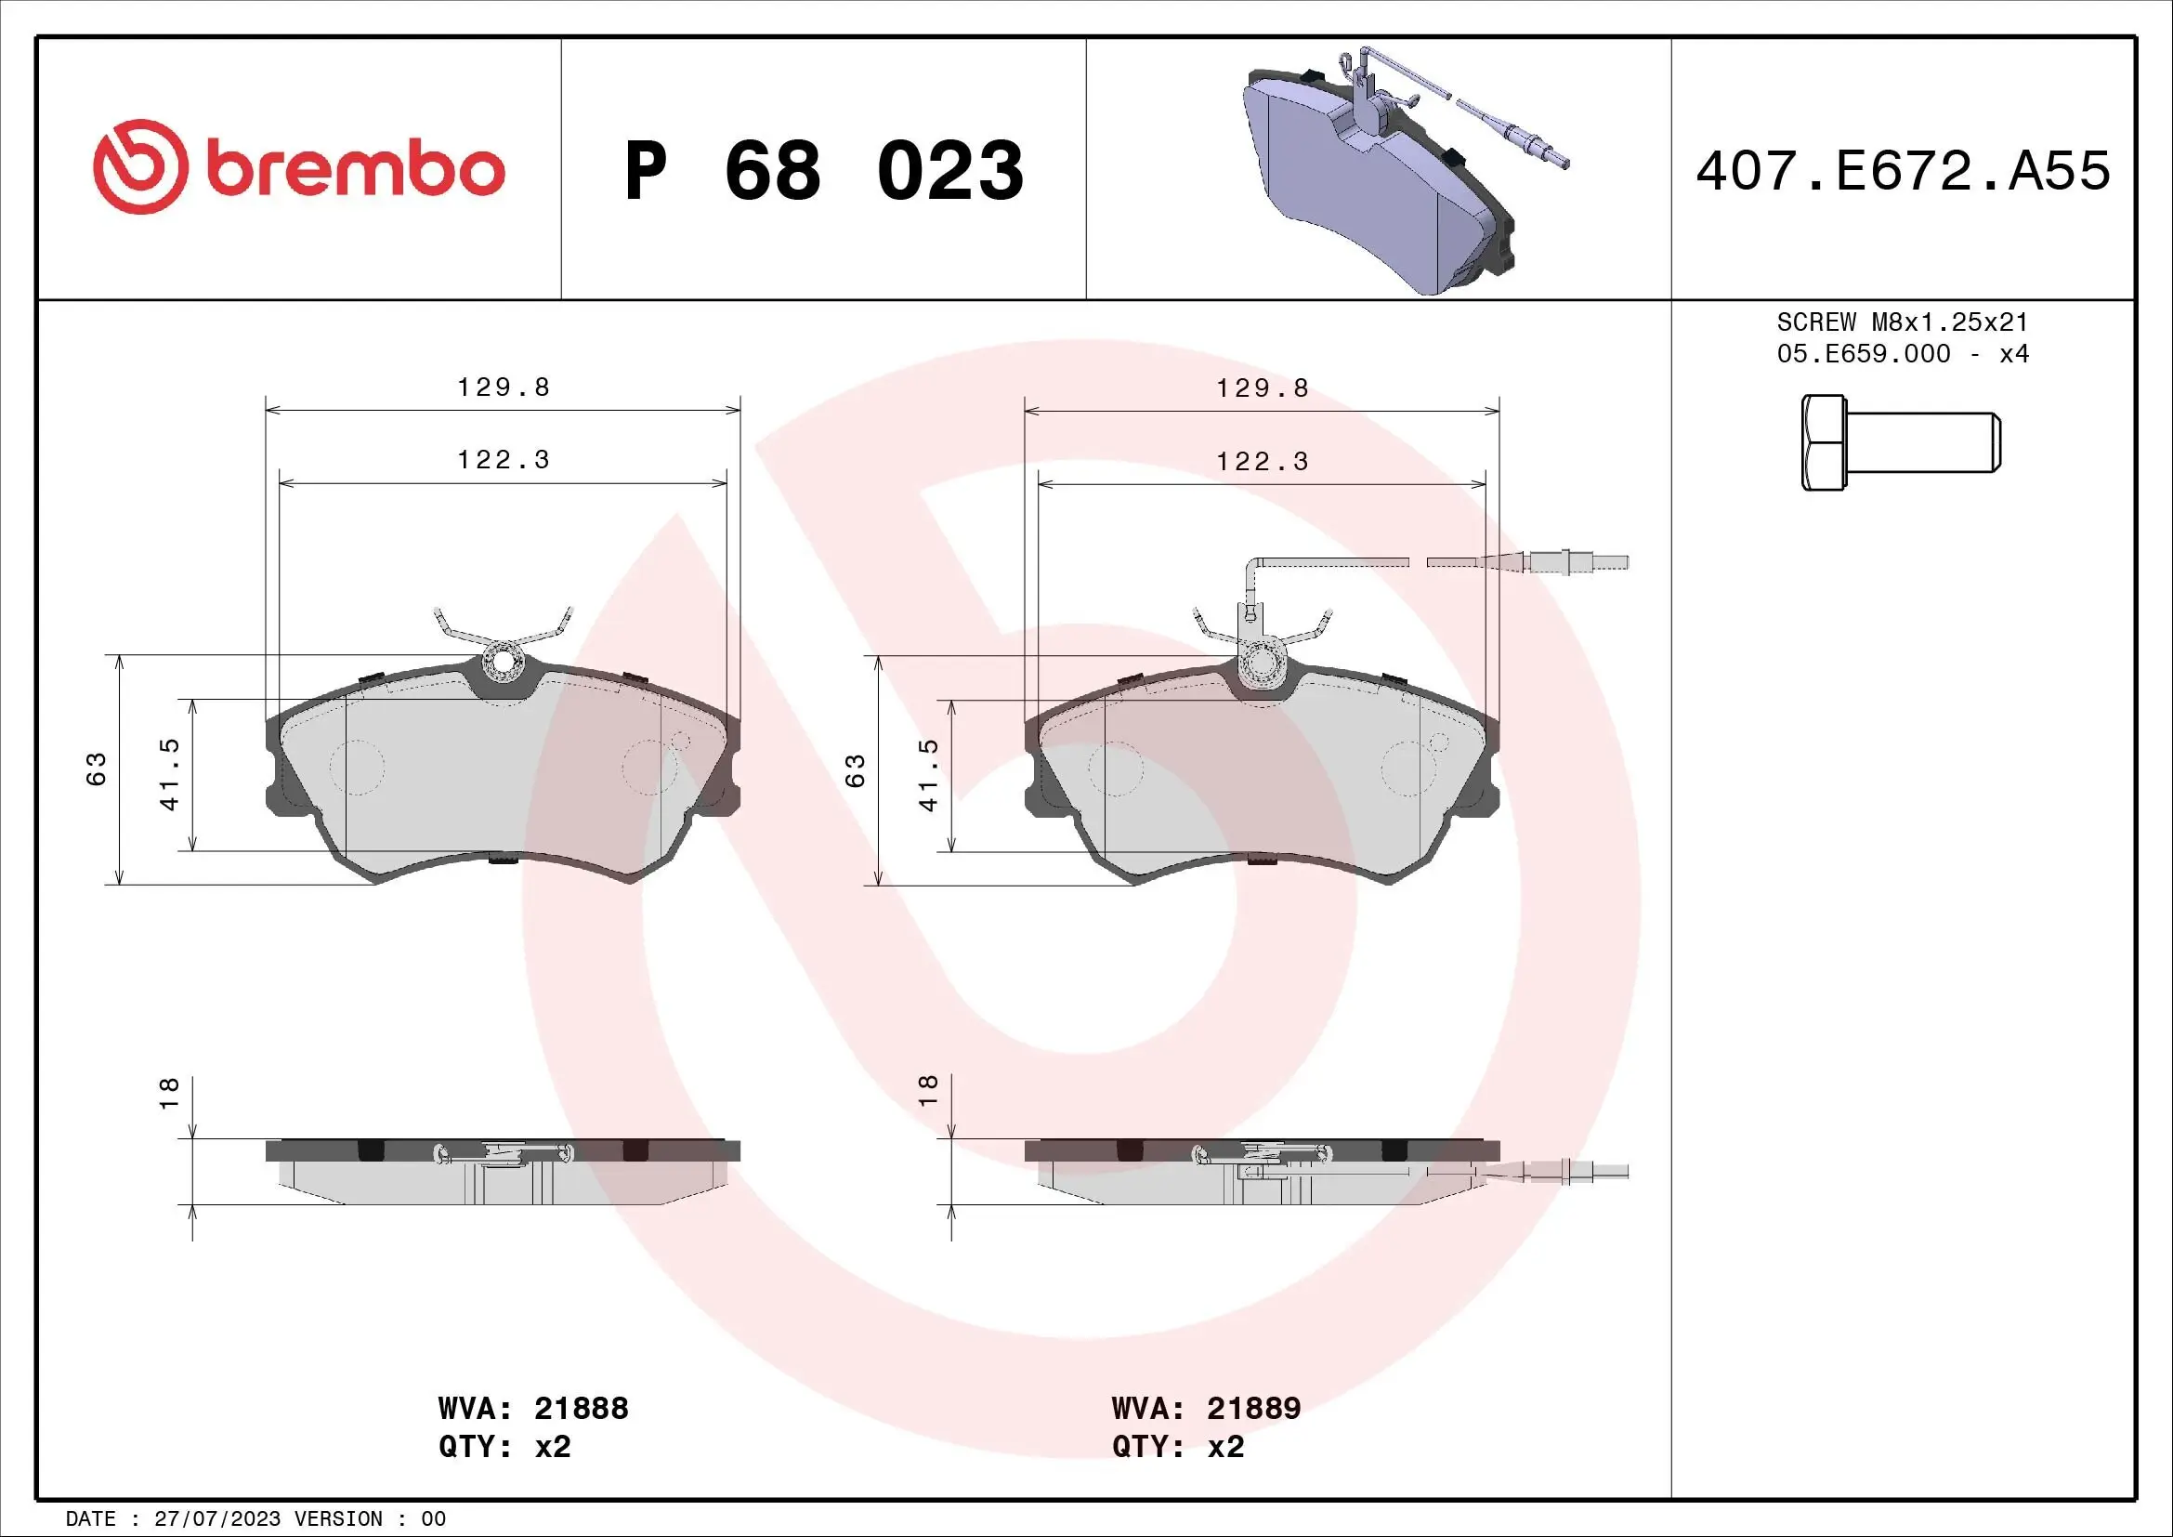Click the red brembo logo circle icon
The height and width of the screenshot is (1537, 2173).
pos(137,166)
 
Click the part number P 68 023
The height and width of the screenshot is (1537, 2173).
pos(823,171)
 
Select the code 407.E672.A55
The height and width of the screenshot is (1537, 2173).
pos(1903,171)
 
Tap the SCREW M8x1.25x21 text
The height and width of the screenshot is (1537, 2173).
pos(1903,322)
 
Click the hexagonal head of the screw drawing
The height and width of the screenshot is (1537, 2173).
pos(1823,442)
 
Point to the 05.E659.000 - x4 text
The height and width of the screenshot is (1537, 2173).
pos(1903,354)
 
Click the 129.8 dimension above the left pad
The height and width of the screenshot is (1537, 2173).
pos(503,388)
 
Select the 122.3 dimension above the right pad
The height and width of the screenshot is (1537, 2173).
pos(1262,461)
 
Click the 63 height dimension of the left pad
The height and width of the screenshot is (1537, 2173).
pos(97,768)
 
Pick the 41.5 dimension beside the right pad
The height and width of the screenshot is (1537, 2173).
pos(928,775)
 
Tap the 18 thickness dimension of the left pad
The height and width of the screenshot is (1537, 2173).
pos(168,1092)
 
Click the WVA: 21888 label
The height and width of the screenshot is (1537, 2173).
pos(533,1408)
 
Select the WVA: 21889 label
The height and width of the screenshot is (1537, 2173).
pos(1206,1408)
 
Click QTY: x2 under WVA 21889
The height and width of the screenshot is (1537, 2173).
pos(1177,1447)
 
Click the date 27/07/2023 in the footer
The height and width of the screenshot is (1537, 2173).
pos(216,1519)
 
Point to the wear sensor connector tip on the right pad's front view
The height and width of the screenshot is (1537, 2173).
pos(1614,563)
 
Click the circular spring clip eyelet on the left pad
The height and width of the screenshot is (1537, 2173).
pos(503,664)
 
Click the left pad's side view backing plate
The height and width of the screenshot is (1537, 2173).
pos(503,1149)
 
